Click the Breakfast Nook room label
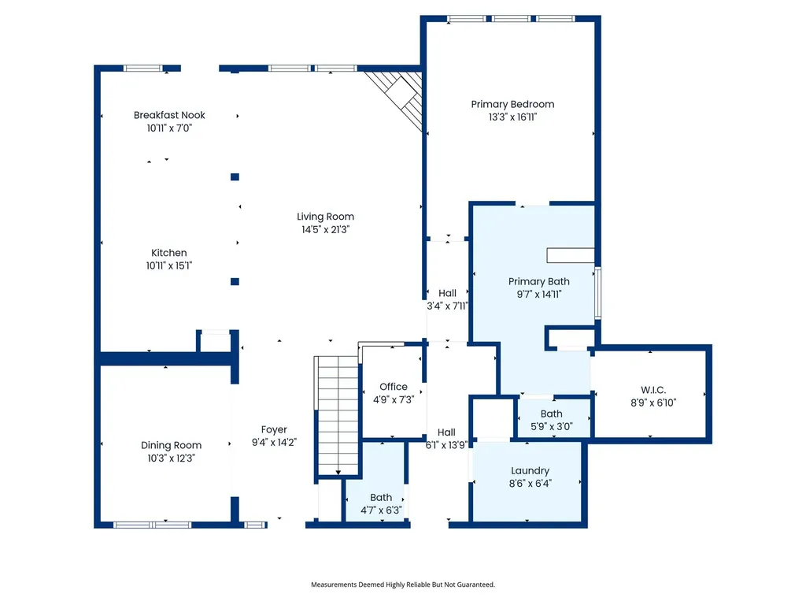point(169,115)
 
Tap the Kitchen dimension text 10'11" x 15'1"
point(169,265)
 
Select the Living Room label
point(325,217)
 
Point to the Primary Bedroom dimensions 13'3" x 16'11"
point(512,117)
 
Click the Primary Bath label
point(538,281)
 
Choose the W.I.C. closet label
point(653,390)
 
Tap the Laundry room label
point(530,471)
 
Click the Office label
point(394,387)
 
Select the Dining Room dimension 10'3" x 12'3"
point(171,458)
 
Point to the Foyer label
point(274,429)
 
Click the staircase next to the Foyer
point(337,416)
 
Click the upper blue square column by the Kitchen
point(235,177)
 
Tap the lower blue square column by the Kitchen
point(235,281)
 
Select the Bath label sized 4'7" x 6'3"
point(381,498)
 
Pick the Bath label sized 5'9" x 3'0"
point(552,414)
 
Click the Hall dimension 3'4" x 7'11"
point(447,306)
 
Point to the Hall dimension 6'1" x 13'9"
point(446,445)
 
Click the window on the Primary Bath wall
point(598,293)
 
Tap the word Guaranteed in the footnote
point(478,585)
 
